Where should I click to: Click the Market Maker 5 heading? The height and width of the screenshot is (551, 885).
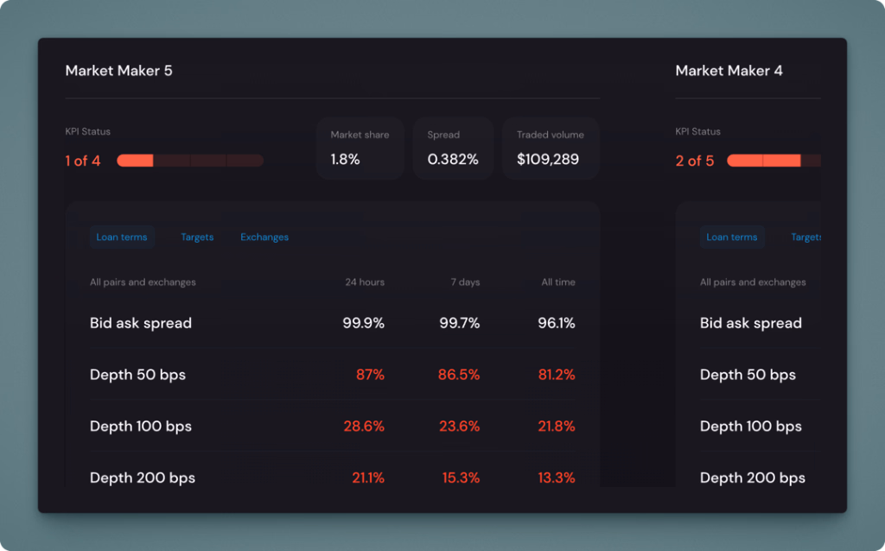click(x=118, y=71)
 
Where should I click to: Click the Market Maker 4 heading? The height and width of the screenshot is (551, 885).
click(x=729, y=71)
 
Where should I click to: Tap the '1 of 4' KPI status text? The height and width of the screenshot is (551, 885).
click(x=83, y=161)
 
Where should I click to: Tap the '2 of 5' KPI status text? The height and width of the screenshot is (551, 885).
click(x=695, y=161)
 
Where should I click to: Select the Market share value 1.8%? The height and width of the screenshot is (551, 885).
click(x=345, y=160)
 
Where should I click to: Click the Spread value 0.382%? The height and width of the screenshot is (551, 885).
click(x=453, y=160)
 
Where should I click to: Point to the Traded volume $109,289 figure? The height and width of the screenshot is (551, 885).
click(x=548, y=160)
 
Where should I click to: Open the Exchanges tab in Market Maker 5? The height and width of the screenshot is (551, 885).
click(x=264, y=237)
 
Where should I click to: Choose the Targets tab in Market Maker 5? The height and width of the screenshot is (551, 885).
click(x=197, y=237)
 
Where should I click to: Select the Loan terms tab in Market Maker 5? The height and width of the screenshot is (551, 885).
click(x=122, y=237)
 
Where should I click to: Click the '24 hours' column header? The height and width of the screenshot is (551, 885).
click(x=365, y=282)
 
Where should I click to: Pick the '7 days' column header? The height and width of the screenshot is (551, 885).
click(x=464, y=282)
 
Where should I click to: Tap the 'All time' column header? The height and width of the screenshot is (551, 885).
click(x=558, y=282)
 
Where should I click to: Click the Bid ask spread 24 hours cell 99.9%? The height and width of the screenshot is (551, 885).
click(x=363, y=323)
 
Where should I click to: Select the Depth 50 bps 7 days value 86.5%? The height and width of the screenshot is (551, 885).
click(x=459, y=375)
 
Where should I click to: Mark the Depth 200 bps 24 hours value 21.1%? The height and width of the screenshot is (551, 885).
click(x=367, y=478)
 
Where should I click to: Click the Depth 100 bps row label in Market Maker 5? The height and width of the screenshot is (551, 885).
click(x=141, y=427)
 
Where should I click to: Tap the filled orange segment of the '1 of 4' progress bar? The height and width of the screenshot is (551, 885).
click(x=135, y=161)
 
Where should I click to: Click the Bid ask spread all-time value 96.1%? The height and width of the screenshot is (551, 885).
click(x=556, y=323)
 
